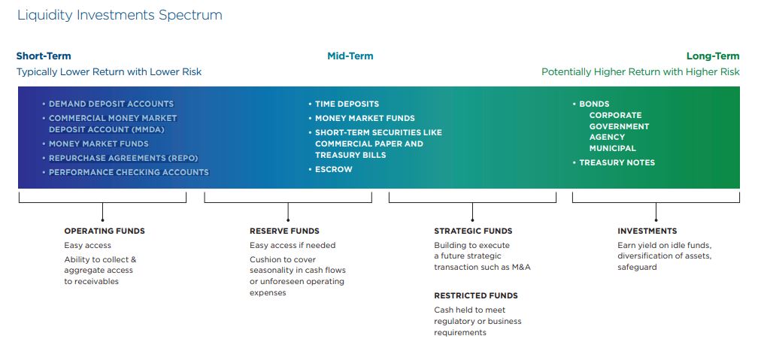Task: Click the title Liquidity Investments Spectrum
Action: click(120, 15)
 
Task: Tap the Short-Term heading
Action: click(44, 56)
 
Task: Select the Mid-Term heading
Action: click(350, 56)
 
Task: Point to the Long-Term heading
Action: click(713, 56)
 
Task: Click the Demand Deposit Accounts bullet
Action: click(108, 104)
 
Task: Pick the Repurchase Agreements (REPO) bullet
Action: click(120, 158)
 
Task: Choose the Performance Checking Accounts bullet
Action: click(126, 172)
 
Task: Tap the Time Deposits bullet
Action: click(344, 104)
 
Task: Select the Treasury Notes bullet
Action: click(614, 162)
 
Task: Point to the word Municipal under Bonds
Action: click(613, 149)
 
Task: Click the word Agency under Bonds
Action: click(607, 138)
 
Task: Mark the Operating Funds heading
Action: click(105, 231)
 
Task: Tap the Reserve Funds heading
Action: click(284, 231)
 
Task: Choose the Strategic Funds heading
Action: click(473, 231)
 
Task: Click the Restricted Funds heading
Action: click(476, 295)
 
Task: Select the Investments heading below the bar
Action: click(647, 231)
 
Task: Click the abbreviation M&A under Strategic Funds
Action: click(521, 267)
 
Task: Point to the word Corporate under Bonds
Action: click(615, 115)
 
